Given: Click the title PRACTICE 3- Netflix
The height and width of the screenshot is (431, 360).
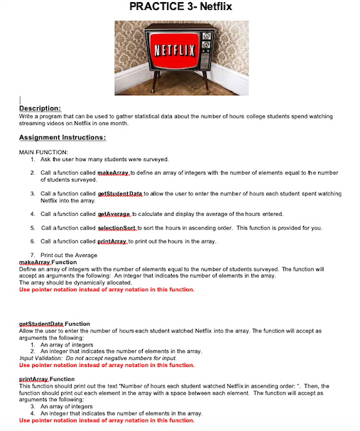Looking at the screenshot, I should coord(180,8).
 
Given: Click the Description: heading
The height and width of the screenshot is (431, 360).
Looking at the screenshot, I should coord(39,108).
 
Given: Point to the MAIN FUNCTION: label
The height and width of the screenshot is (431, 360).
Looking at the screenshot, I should coord(43,152).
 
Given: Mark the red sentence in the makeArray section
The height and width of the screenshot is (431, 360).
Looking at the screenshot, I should coord(107,290).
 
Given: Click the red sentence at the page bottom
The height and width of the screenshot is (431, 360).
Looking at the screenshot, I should coord(107,420).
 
